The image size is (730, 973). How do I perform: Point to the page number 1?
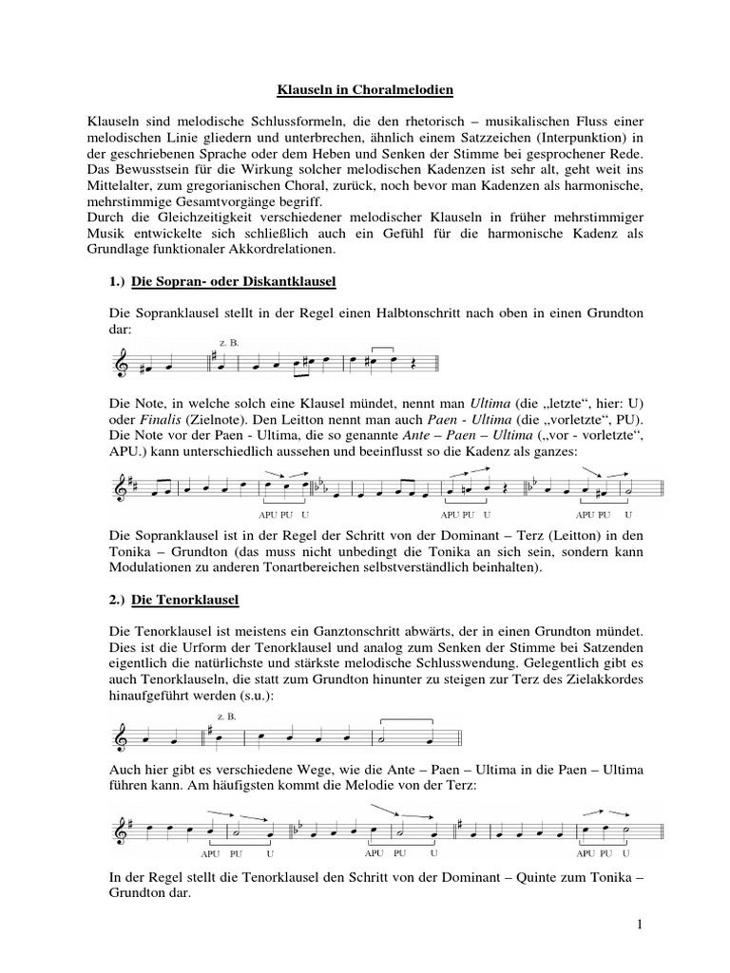pos(642,925)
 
